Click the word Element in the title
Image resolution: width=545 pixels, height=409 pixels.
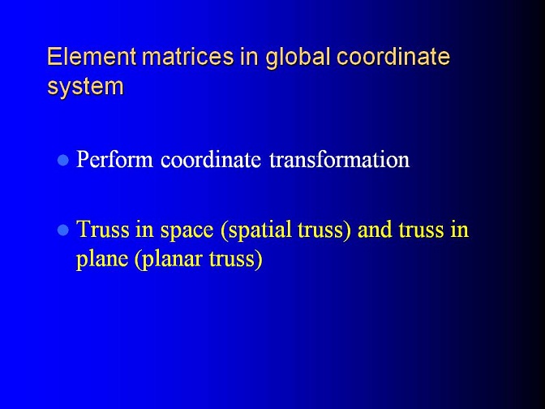tap(92, 56)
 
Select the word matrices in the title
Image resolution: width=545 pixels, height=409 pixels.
tap(188, 56)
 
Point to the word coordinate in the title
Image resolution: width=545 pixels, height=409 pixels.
tap(393, 56)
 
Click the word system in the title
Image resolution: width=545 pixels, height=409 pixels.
tap(85, 87)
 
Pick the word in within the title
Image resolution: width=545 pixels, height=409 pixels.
tap(249, 56)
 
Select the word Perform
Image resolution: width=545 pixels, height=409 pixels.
tap(114, 160)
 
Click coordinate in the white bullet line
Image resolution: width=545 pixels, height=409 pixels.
tap(211, 160)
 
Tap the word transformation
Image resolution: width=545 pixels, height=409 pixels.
tap(339, 160)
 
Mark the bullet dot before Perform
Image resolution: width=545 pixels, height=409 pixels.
tap(63, 161)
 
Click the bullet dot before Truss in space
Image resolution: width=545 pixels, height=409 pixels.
tap(63, 230)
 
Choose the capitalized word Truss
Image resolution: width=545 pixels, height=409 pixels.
tap(102, 230)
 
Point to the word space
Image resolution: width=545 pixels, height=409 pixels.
tap(187, 231)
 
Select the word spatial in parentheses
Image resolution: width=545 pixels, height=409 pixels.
tap(255, 230)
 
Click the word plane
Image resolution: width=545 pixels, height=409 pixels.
tap(102, 260)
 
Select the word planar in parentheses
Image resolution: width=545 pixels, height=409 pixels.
tap(169, 260)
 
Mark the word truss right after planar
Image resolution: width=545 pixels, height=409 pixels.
tap(236, 260)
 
